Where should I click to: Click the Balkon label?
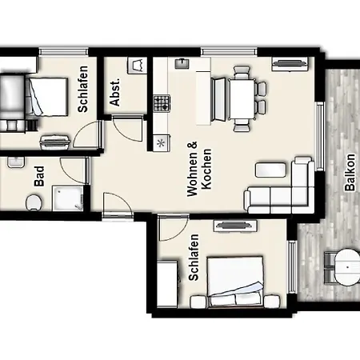(x=350, y=172)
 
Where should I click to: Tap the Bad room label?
(x=39, y=176)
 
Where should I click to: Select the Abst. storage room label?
(x=115, y=92)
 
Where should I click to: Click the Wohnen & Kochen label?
(x=199, y=169)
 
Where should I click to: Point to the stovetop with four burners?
(x=162, y=103)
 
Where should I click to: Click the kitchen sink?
(x=182, y=63)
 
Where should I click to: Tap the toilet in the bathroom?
(x=34, y=202)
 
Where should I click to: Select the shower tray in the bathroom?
(x=68, y=198)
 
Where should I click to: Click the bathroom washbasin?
(x=16, y=162)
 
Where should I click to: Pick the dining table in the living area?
(x=242, y=99)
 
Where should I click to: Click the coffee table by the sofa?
(x=270, y=170)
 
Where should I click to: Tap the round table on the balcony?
(x=347, y=267)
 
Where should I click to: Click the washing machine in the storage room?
(x=137, y=66)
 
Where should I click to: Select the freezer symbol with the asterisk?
(x=161, y=143)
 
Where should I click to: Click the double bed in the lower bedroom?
(x=235, y=282)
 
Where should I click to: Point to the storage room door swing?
(x=127, y=128)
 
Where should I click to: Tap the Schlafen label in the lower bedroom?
(x=194, y=258)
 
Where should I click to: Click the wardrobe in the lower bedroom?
(x=167, y=284)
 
